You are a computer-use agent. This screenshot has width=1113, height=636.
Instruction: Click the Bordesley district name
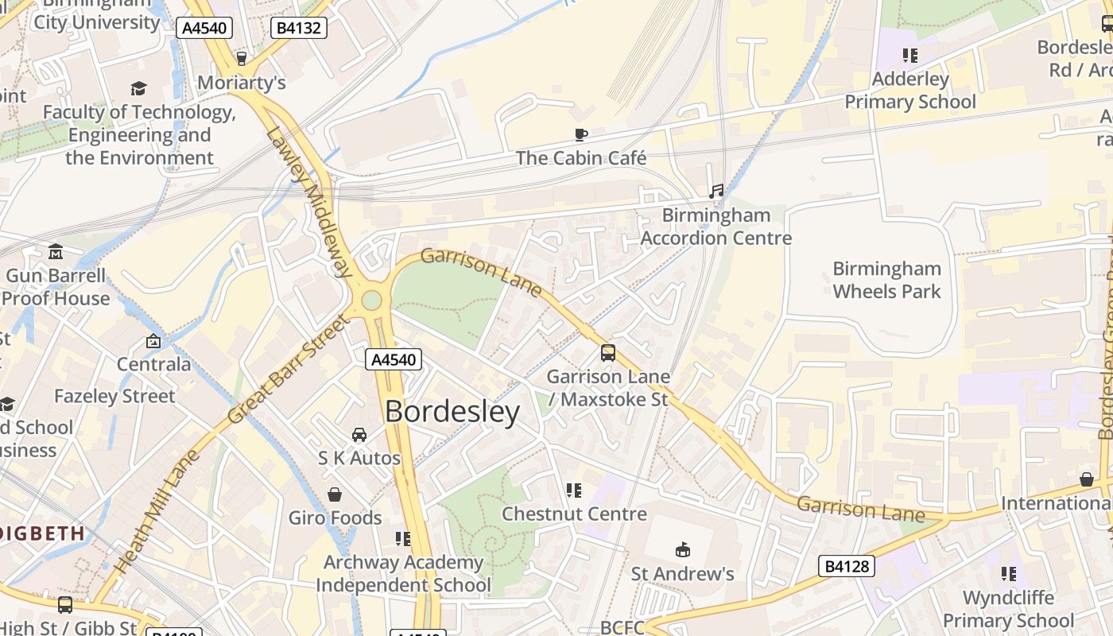[x=452, y=412]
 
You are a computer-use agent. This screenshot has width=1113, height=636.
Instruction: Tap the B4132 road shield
[x=298, y=29]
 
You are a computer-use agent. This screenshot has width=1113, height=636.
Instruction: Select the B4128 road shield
[x=847, y=566]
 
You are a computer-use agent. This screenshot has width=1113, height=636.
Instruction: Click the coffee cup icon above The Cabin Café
[x=581, y=134]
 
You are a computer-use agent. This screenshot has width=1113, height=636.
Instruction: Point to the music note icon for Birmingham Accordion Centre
[x=716, y=191]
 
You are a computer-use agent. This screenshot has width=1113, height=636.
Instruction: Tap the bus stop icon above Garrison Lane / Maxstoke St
[x=608, y=353]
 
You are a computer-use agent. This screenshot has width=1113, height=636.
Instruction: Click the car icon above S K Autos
[x=359, y=435]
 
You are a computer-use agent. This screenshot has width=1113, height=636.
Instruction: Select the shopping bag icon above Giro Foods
[x=335, y=494]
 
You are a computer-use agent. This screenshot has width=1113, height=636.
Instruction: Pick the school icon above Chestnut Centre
[x=574, y=491]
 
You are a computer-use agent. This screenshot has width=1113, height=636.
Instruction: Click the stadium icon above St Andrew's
[x=682, y=549]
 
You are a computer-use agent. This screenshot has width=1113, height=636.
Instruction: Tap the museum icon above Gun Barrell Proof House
[x=56, y=252]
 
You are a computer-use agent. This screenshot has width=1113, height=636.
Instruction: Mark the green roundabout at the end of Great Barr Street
[x=371, y=301]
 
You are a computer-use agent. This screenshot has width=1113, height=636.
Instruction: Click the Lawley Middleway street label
[x=310, y=203]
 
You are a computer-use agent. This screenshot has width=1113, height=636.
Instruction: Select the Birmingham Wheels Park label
[x=886, y=280]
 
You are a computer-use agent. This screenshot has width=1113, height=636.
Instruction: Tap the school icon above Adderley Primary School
[x=910, y=56]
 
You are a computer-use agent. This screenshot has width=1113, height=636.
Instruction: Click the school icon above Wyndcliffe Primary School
[x=1009, y=574]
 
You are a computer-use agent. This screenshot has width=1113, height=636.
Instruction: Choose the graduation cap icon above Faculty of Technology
[x=139, y=88]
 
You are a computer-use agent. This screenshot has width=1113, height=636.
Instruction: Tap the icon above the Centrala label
[x=153, y=341]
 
